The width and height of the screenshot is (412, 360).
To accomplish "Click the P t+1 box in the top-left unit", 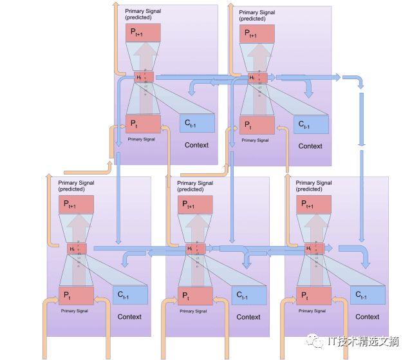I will tap(143, 33).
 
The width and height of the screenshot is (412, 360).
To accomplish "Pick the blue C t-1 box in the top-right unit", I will tap(310, 124).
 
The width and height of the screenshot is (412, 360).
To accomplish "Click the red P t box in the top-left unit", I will tap(143, 123).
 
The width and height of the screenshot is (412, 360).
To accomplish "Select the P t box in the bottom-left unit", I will tap(77, 296).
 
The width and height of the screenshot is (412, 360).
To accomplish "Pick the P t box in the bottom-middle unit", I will tap(195, 296).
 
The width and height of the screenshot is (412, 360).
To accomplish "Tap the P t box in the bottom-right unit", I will tap(314, 296).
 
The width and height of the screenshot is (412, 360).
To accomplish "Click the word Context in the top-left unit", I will tap(196, 145).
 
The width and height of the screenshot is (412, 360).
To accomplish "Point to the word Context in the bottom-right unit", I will tap(368, 317).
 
